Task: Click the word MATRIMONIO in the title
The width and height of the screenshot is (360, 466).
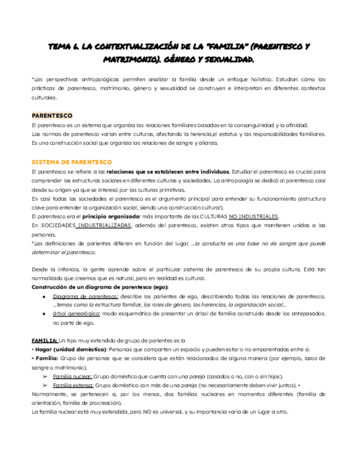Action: (x=72, y=58)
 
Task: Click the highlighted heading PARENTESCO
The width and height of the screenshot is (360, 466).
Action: (x=52, y=116)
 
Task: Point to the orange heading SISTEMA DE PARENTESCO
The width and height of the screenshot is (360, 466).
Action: (x=71, y=162)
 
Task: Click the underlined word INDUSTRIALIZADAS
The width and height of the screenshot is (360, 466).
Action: (x=104, y=225)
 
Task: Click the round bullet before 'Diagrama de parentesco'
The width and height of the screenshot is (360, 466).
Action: (x=43, y=297)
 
